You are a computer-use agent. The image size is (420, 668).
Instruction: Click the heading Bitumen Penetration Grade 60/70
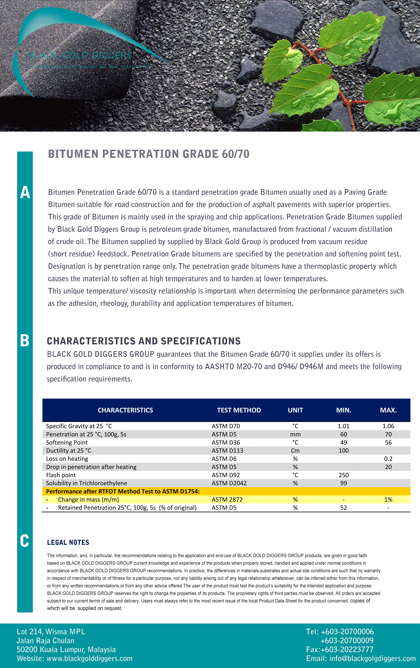tap(149, 154)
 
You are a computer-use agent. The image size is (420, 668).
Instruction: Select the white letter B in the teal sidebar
tap(25, 340)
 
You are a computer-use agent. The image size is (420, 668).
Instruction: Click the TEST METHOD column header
tap(239, 410)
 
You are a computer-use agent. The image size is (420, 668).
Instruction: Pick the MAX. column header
tap(388, 410)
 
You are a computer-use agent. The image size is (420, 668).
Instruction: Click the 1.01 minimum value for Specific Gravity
tap(343, 426)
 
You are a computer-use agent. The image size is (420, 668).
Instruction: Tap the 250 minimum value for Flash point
tap(343, 475)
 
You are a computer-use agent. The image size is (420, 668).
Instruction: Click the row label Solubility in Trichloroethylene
tap(86, 483)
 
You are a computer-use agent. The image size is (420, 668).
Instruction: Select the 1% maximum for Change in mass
tap(388, 499)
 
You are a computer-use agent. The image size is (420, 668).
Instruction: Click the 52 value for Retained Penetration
tap(343, 507)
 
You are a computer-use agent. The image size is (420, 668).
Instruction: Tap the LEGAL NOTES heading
tap(68, 542)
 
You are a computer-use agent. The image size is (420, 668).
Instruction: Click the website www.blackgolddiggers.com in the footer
tap(89, 658)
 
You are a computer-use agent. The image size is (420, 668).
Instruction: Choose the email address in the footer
tap(372, 658)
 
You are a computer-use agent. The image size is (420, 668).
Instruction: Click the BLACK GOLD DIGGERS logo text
tap(80, 56)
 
